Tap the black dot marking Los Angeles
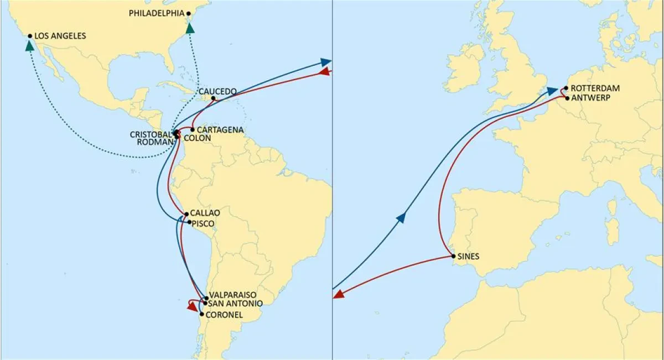pyautogui.click(x=30, y=36)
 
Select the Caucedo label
pyautogui.click(x=217, y=91)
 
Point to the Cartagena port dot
pyautogui.click(x=193, y=130)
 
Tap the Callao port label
pyautogui.click(x=205, y=213)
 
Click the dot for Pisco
pyautogui.click(x=190, y=222)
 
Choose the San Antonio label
pyautogui.click(x=232, y=303)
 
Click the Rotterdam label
pyautogui.click(x=595, y=88)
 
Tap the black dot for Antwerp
pyautogui.click(x=567, y=98)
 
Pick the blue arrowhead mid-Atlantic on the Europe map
pyautogui.click(x=401, y=218)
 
